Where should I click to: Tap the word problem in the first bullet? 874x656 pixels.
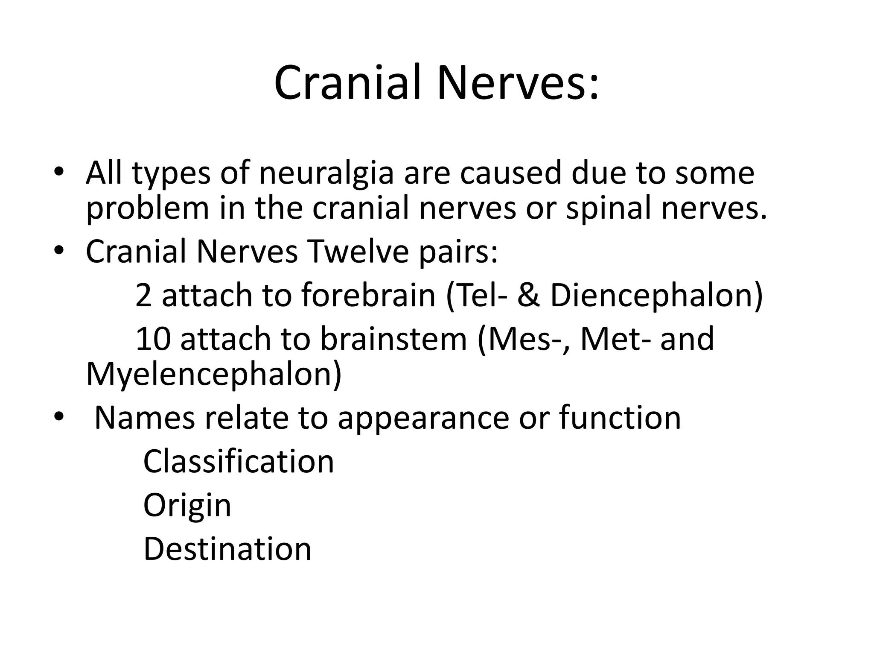(x=148, y=209)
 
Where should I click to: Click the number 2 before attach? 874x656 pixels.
(x=143, y=296)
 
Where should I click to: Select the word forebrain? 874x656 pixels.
(x=368, y=296)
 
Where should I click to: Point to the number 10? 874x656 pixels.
(x=153, y=339)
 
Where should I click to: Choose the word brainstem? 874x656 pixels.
(x=393, y=339)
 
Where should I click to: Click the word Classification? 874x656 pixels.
(x=239, y=462)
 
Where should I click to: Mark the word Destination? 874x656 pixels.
(x=227, y=549)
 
